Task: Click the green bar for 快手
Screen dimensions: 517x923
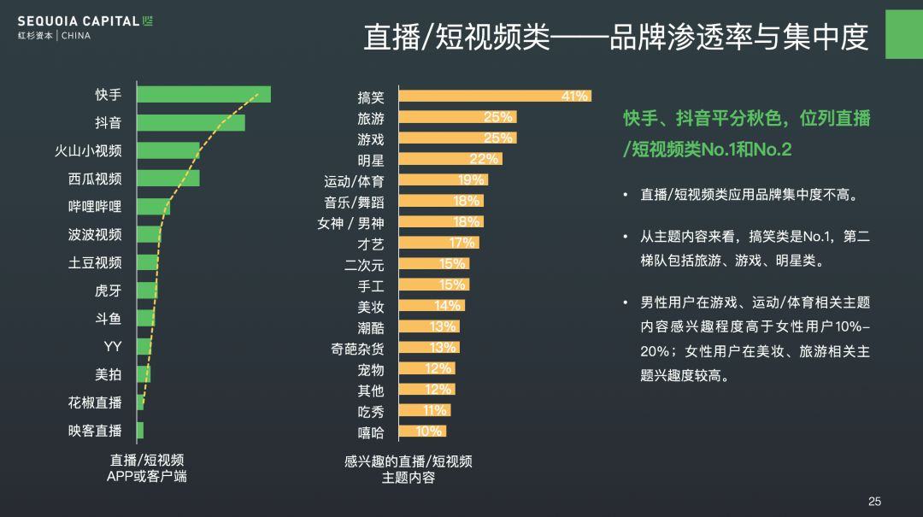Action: [203, 94]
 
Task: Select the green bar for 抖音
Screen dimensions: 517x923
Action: [191, 122]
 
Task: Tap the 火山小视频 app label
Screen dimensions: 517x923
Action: [88, 150]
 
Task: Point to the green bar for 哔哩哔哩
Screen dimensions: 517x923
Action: [153, 206]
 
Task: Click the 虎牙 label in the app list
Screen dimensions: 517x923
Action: [108, 291]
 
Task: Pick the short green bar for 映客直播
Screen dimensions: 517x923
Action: [140, 431]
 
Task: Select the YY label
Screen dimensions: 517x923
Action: [113, 346]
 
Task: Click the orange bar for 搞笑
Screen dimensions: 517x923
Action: [495, 96]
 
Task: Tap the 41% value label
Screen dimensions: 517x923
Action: [574, 97]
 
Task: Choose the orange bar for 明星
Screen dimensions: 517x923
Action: [450, 159]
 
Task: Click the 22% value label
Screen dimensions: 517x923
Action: [484, 159]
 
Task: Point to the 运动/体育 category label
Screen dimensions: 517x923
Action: [354, 181]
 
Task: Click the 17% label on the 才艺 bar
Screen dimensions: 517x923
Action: [461, 243]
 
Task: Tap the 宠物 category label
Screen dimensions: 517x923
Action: [371, 369]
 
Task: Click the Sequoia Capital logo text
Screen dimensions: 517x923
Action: [85, 21]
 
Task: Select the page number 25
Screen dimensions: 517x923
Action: [874, 502]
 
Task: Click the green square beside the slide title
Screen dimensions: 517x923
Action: [903, 34]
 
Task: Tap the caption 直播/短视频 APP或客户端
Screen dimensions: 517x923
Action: [147, 468]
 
